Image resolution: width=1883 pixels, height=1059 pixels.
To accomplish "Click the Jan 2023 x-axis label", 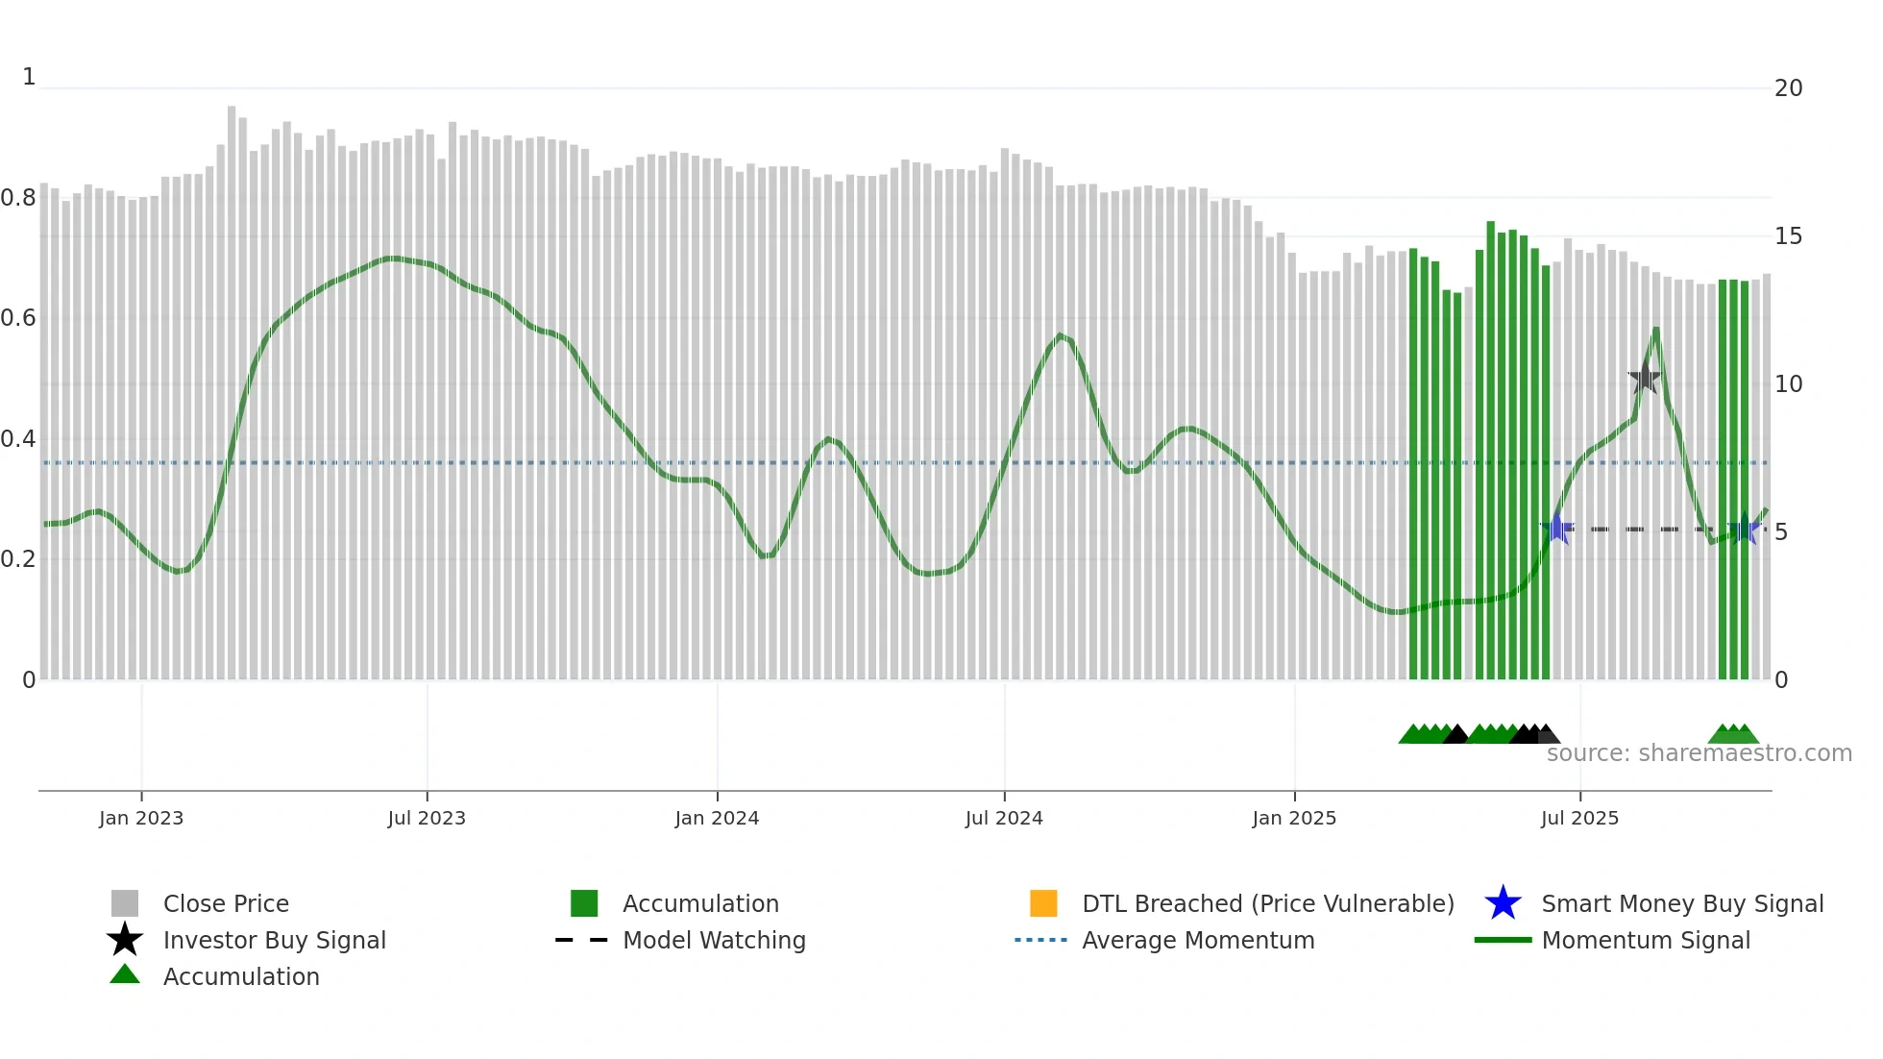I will tap(140, 818).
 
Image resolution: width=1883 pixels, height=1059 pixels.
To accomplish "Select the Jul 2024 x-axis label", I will tap(1004, 818).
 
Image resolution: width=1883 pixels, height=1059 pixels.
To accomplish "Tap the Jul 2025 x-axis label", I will tap(1579, 818).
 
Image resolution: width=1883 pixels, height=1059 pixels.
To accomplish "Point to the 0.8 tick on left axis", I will tap(18, 198).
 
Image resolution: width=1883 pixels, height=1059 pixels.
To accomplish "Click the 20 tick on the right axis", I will tap(1788, 88).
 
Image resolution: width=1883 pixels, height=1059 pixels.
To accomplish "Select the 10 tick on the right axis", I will tap(1788, 384).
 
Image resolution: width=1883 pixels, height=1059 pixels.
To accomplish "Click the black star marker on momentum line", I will tap(1644, 378).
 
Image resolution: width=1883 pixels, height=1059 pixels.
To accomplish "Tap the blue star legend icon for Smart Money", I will tap(1503, 903).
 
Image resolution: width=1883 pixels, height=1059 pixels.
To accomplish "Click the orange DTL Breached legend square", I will tap(1043, 903).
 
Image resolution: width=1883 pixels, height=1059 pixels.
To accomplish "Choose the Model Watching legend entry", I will tap(714, 940).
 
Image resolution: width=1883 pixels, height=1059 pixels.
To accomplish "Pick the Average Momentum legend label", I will tap(1198, 940).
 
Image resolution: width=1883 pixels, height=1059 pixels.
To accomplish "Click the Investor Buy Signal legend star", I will tap(125, 940).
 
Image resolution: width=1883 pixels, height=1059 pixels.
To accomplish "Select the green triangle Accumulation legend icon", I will tap(125, 974).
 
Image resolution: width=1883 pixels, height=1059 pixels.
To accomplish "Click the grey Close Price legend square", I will tap(125, 903).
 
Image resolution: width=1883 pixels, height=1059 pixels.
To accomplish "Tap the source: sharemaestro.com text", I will tap(1699, 752).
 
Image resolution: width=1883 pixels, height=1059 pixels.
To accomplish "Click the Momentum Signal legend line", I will tap(1503, 940).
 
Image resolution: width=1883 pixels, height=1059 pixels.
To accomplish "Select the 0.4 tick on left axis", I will tap(18, 439).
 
